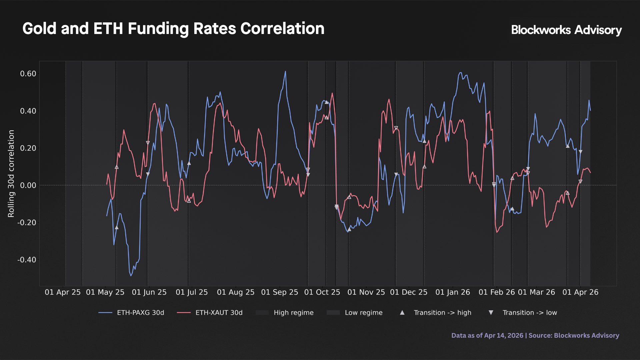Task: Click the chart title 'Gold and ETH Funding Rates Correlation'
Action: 173,29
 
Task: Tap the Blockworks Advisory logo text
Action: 566,30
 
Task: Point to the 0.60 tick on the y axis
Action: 28,74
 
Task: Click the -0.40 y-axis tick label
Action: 27,260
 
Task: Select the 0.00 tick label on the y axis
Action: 28,185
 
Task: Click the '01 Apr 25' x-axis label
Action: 63,292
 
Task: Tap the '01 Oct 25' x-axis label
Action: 322,292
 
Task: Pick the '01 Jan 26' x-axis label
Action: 453,292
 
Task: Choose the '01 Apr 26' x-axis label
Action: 580,292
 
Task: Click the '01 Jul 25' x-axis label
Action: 192,292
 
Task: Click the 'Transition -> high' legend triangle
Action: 402,313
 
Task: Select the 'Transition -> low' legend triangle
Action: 491,313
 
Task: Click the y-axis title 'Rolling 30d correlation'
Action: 11,174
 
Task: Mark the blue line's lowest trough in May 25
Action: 131,276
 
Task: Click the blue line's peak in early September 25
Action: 285,71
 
